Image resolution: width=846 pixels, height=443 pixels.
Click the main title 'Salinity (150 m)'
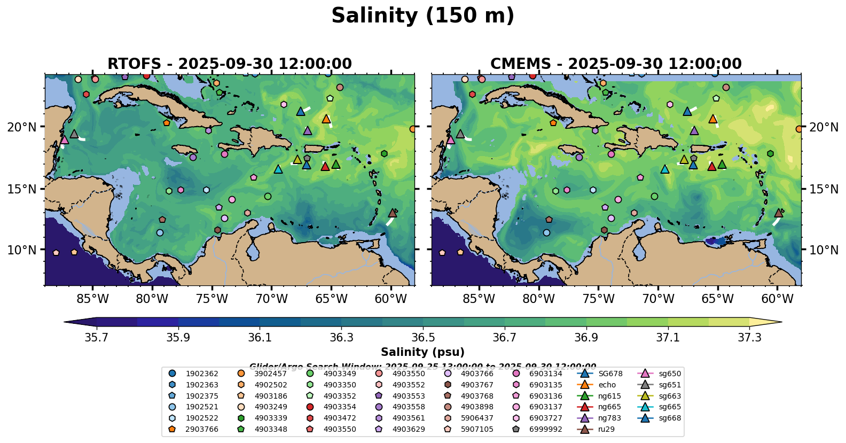point(422,16)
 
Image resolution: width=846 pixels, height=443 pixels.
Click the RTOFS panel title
point(230,64)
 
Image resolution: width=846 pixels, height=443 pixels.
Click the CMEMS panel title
point(616,64)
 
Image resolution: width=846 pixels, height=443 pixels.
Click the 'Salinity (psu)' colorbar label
point(422,352)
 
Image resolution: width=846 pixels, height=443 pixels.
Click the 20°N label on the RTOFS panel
point(22,127)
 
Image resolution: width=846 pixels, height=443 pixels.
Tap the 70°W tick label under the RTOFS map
point(271,298)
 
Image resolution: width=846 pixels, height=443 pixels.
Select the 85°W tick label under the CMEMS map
point(479,298)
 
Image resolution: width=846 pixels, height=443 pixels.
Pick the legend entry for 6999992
point(545,429)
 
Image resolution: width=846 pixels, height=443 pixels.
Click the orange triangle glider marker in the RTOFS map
point(326,119)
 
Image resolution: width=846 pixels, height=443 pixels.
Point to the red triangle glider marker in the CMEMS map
point(711,166)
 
